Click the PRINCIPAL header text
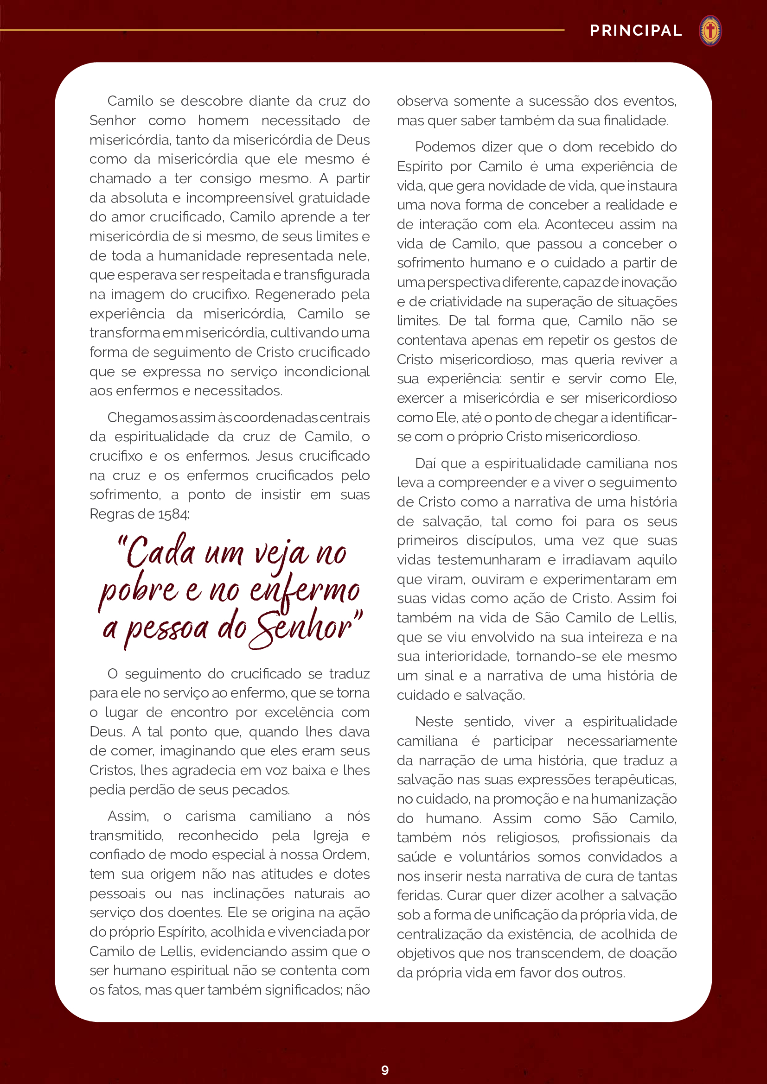pyautogui.click(x=636, y=31)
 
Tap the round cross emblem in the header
pyautogui.click(x=710, y=31)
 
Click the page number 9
pyautogui.click(x=385, y=1070)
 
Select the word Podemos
pyautogui.click(x=445, y=147)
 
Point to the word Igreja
pyautogui.click(x=330, y=836)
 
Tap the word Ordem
pyautogui.click(x=345, y=855)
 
